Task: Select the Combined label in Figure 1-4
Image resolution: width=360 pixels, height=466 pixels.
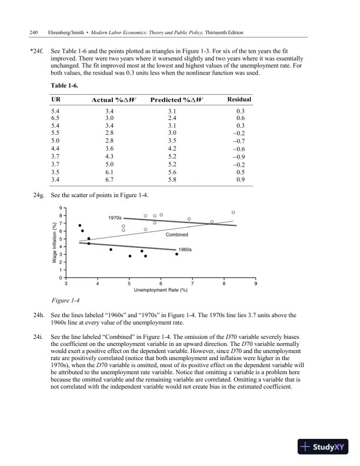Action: (x=176, y=235)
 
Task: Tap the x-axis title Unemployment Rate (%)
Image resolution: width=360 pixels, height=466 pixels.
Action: (x=161, y=291)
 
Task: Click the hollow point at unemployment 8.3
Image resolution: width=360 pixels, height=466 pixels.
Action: (x=234, y=212)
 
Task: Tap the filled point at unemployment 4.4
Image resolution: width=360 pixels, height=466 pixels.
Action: (x=111, y=249)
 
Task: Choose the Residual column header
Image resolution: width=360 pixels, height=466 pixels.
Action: (x=239, y=100)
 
